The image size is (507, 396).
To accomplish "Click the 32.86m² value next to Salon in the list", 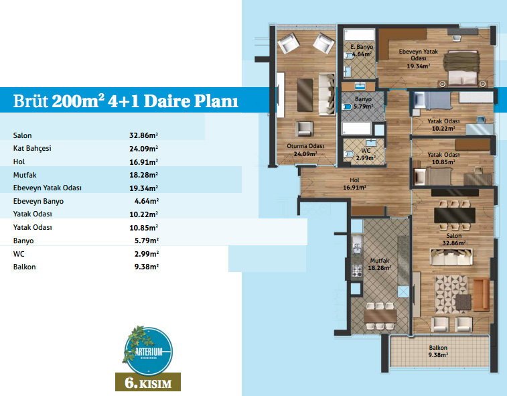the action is pos(143,135).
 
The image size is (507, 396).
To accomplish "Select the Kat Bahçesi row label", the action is pos(32,149).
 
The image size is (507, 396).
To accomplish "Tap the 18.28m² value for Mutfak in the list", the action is pos(143,175).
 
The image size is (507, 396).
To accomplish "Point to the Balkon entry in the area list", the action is pos(25,267).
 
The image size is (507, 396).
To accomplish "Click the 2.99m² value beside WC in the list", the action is pos(147,254).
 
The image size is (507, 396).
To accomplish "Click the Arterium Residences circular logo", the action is pos(149,351).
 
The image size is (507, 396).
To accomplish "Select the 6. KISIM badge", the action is pos(148,382).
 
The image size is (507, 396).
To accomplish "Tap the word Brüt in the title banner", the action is pos(30,101).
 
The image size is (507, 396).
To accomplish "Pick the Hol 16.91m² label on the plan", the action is pos(355,184).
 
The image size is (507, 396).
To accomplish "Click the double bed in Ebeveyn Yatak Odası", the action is pos(461,69).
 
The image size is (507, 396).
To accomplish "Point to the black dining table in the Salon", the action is pos(455,215).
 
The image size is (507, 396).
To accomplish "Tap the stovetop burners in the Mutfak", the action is pos(357,271).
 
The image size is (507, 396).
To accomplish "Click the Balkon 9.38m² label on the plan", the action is pos(438,351).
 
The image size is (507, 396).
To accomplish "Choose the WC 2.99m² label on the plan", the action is pos(366,154).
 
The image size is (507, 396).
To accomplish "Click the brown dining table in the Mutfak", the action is pos(380,316).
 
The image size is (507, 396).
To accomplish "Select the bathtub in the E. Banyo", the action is pos(360,35).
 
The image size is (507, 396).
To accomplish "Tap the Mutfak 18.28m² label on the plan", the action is pos(380,264).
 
